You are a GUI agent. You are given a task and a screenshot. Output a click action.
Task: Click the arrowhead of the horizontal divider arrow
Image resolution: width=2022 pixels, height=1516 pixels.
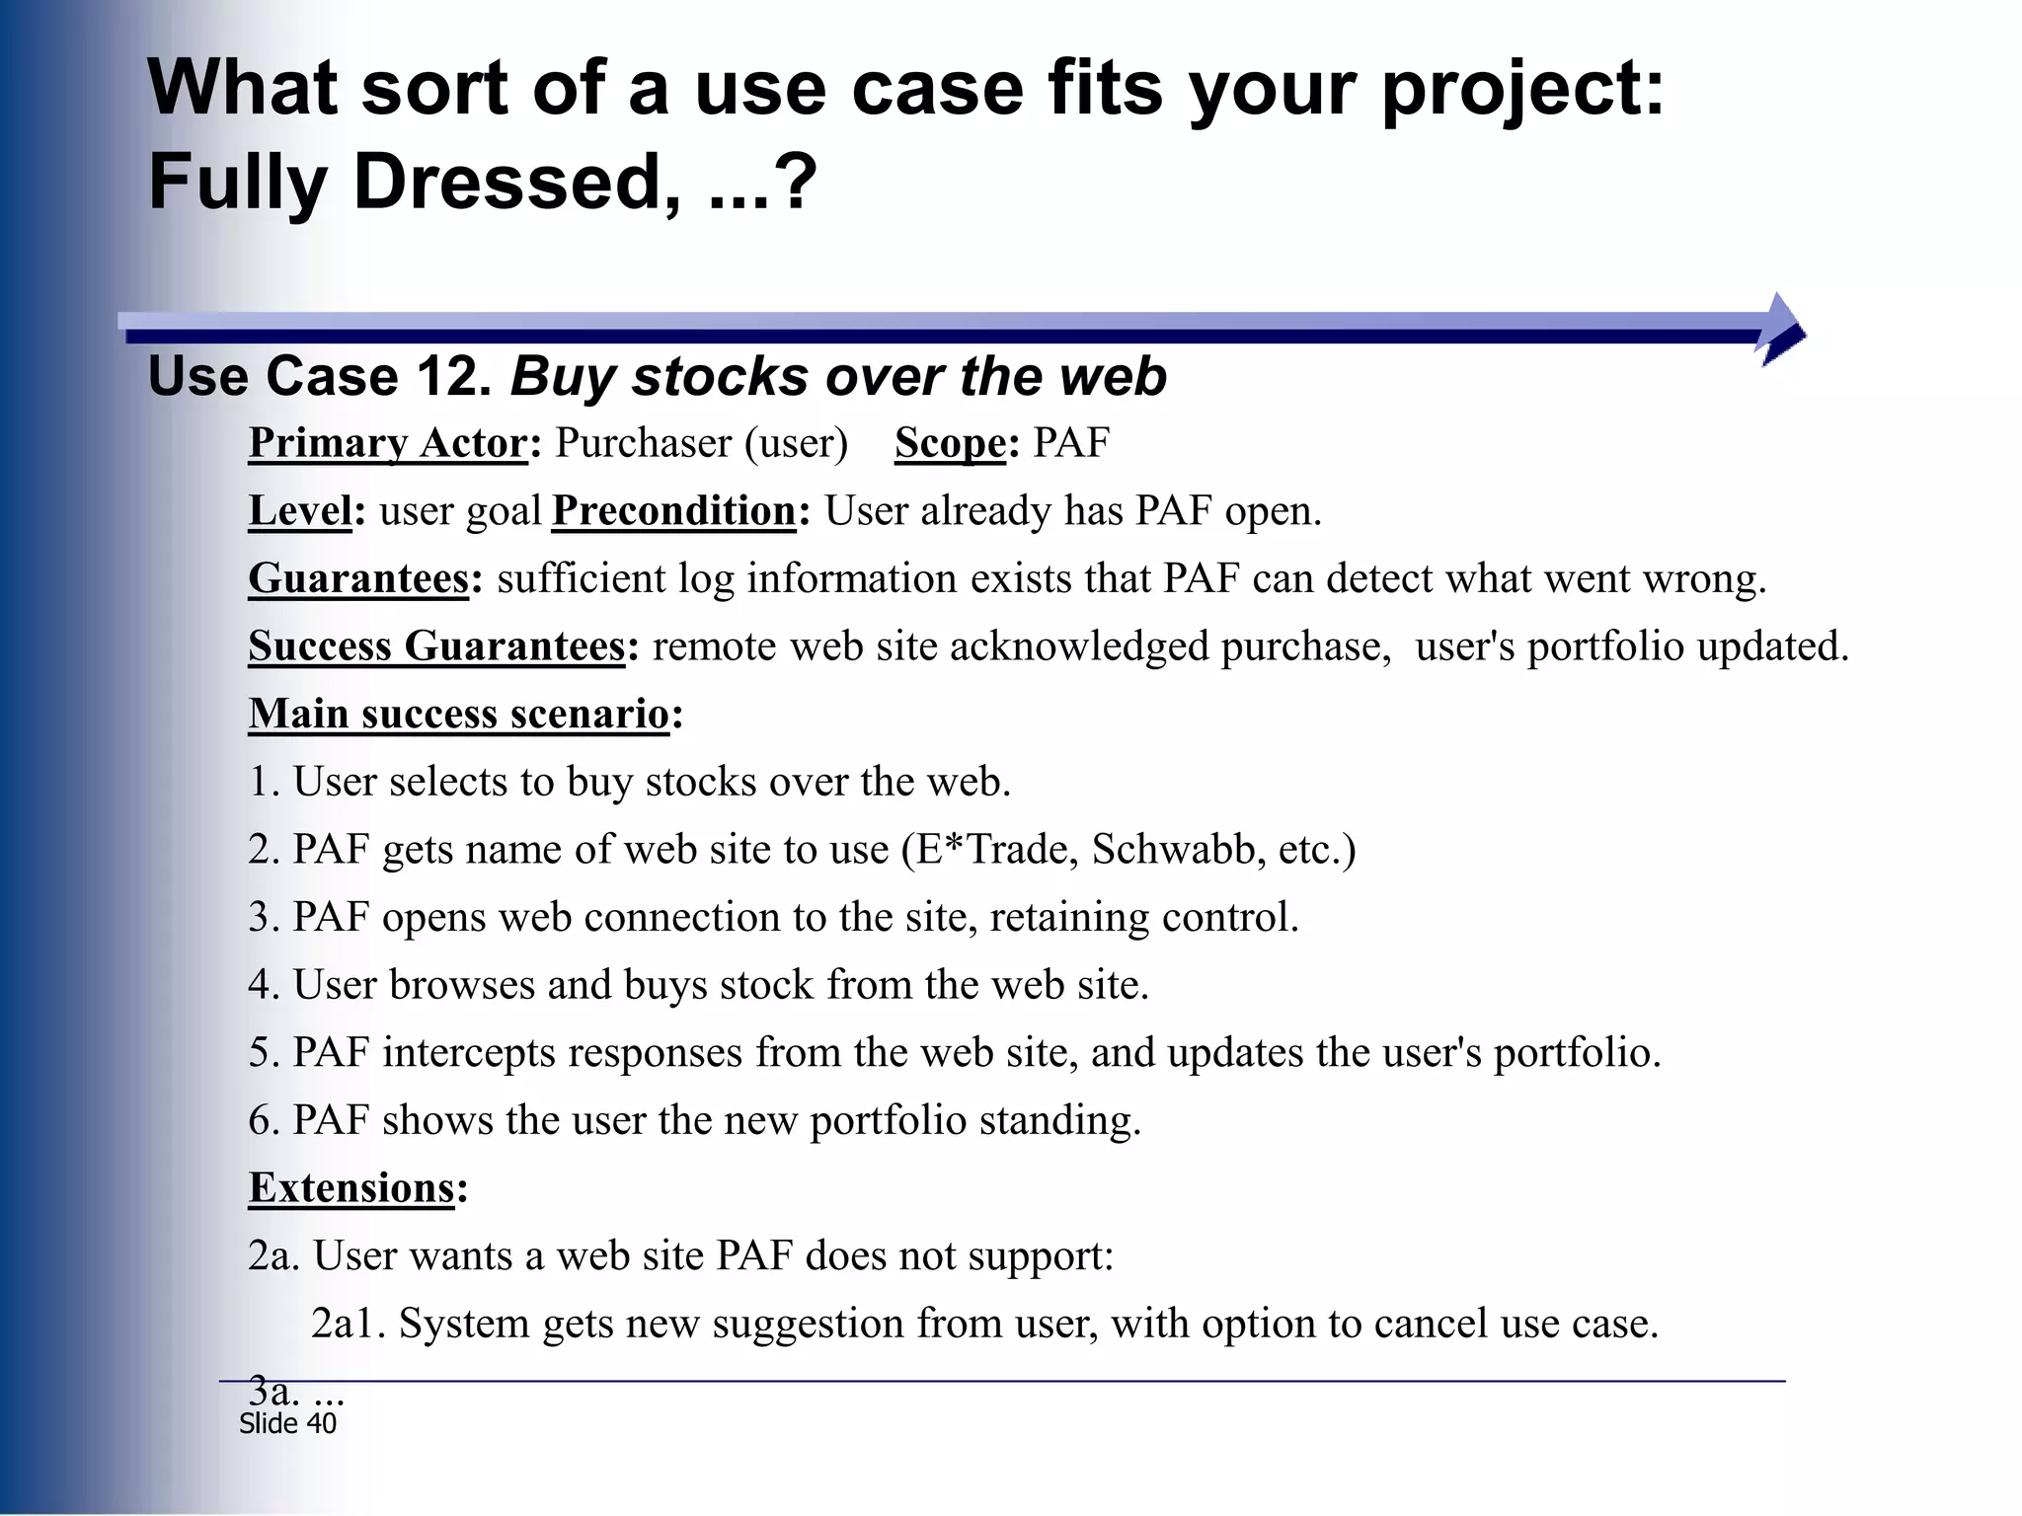click(x=1782, y=330)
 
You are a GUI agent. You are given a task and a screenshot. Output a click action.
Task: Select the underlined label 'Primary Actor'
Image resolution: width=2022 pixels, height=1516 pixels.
click(x=388, y=443)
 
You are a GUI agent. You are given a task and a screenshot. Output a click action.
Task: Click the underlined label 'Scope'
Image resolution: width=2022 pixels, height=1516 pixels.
click(x=950, y=443)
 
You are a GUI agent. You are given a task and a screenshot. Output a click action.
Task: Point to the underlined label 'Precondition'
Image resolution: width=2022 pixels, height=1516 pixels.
click(x=673, y=511)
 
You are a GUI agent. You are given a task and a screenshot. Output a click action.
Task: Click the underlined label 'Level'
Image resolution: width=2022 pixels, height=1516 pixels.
click(x=299, y=511)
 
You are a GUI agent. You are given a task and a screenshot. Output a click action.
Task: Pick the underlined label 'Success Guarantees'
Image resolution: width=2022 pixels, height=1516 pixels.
click(x=436, y=646)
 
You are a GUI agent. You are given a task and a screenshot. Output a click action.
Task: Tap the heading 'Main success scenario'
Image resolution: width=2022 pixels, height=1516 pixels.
click(x=459, y=714)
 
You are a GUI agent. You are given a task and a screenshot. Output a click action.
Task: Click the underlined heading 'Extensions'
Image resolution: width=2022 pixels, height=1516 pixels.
click(x=351, y=1187)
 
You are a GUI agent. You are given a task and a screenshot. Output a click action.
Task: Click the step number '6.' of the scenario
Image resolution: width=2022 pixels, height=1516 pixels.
click(x=264, y=1120)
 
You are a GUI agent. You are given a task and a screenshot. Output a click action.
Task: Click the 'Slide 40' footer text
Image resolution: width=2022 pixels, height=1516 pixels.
click(x=287, y=1423)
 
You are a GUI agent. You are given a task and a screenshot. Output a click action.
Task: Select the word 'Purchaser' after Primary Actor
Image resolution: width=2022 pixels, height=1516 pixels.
click(x=643, y=443)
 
